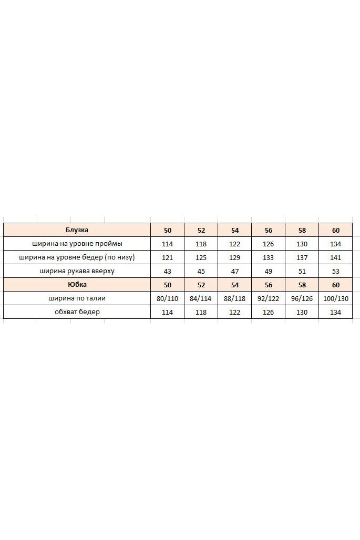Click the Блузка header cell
point(77,230)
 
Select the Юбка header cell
point(77,285)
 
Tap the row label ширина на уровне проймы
point(77,244)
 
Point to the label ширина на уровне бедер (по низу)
point(77,257)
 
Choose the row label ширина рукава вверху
point(77,271)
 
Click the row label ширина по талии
point(77,298)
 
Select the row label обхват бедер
point(77,312)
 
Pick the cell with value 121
point(167,257)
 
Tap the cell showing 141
point(335,257)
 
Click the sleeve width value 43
point(167,271)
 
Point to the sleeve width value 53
point(335,271)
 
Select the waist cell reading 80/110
point(167,298)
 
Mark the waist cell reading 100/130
point(335,298)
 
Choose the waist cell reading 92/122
point(268,298)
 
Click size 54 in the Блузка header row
point(234,230)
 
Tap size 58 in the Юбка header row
point(302,285)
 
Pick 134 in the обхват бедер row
point(335,312)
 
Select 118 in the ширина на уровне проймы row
point(201,244)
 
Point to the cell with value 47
point(234,271)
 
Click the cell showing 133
point(268,257)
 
